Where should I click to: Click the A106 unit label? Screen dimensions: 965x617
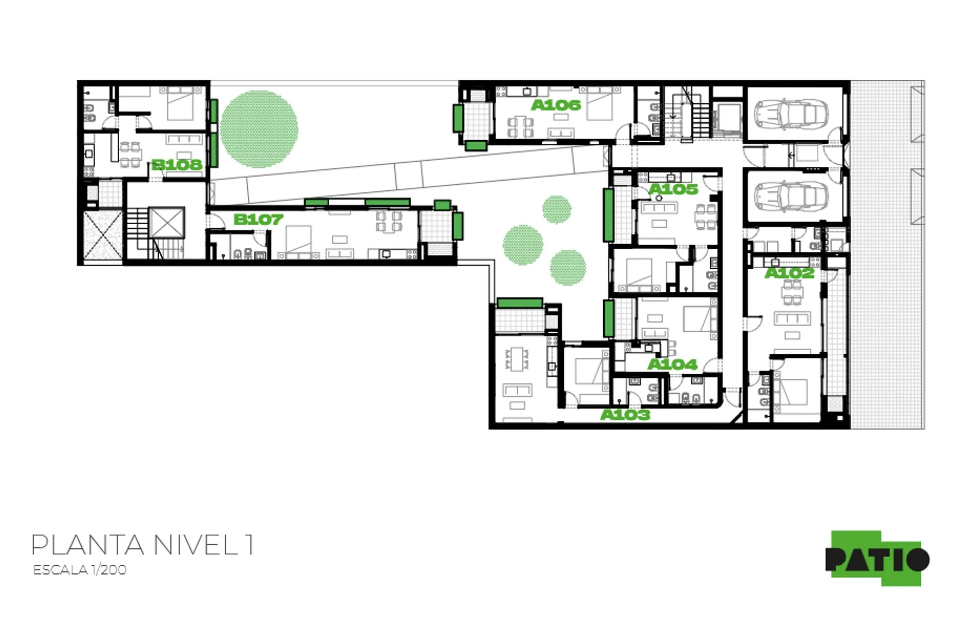tap(556, 105)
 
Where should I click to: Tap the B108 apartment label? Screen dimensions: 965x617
tap(177, 164)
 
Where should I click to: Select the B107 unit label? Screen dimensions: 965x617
tap(258, 219)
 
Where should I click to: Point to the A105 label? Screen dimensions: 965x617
tap(673, 189)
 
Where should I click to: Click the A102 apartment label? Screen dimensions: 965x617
tap(790, 273)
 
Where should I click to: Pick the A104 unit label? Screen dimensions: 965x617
tap(672, 364)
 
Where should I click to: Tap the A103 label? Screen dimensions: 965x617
tap(625, 415)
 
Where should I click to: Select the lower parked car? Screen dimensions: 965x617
tap(791, 195)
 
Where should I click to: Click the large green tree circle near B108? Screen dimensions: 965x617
tap(259, 129)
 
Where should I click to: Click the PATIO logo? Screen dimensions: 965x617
tap(877, 558)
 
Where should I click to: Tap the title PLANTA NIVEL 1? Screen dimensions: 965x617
tap(142, 545)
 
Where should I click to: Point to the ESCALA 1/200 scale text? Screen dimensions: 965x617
tap(79, 570)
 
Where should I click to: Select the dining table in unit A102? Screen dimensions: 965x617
tap(792, 292)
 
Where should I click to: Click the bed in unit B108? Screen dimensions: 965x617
tap(180, 104)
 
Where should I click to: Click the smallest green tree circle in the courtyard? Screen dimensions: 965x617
tap(556, 209)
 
